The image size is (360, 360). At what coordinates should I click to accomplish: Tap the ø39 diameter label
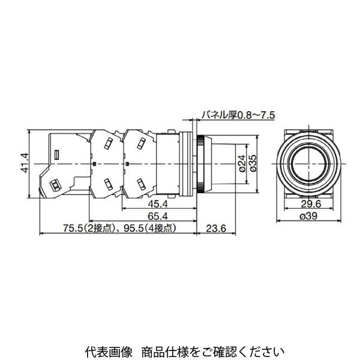point(307,217)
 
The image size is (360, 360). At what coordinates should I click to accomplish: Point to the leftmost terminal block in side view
point(63,162)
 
